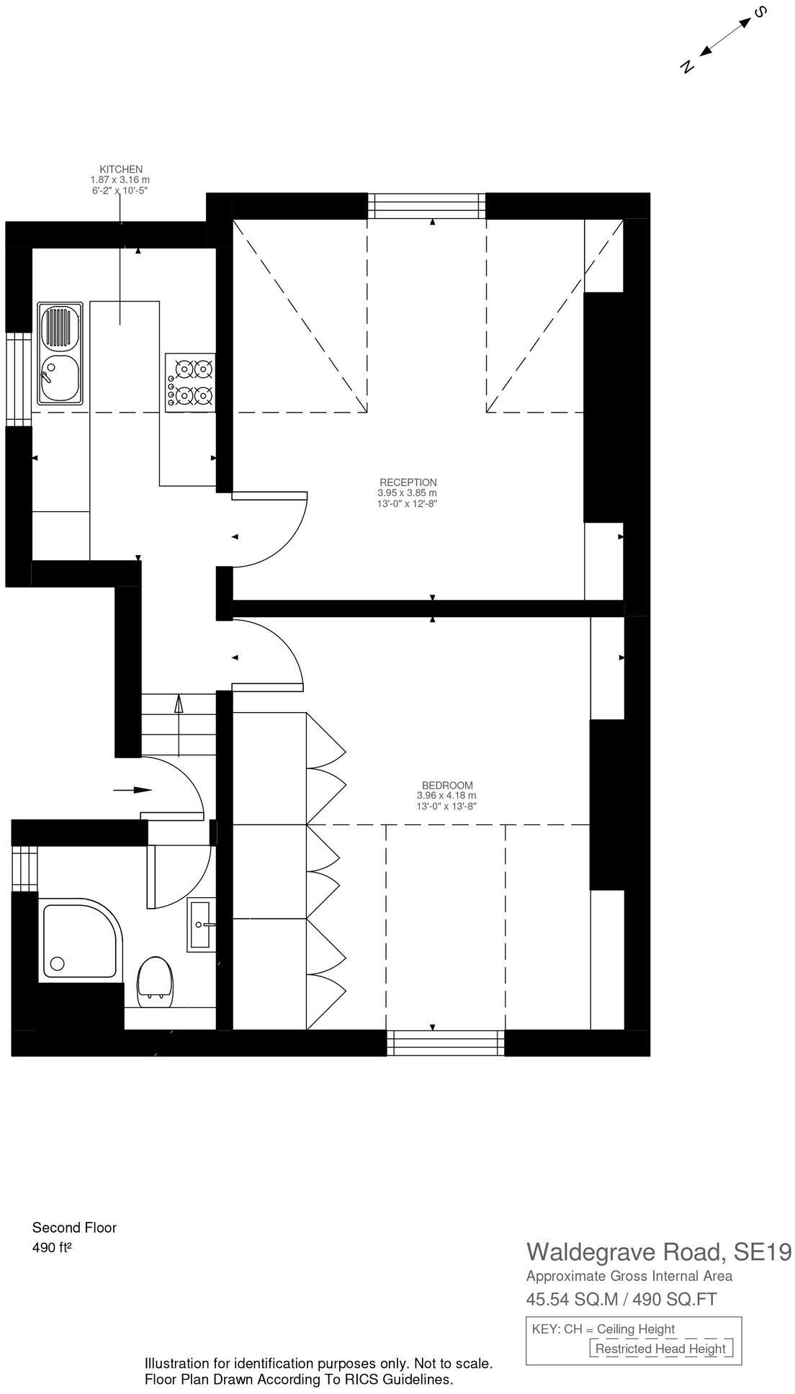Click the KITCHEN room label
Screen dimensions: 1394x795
pos(120,169)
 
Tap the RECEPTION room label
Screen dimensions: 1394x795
pos(408,482)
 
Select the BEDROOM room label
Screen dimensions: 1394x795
pos(446,785)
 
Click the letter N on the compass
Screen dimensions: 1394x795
pos(686,66)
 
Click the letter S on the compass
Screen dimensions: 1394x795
pos(758,12)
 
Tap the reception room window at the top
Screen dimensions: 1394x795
pos(427,206)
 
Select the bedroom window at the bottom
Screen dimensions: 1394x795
pos(445,1043)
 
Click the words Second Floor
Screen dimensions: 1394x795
pos(74,1228)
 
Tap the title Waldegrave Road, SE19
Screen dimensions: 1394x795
pos(658,1251)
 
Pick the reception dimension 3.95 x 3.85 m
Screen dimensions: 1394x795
pos(408,493)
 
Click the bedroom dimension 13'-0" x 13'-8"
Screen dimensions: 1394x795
pos(446,806)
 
